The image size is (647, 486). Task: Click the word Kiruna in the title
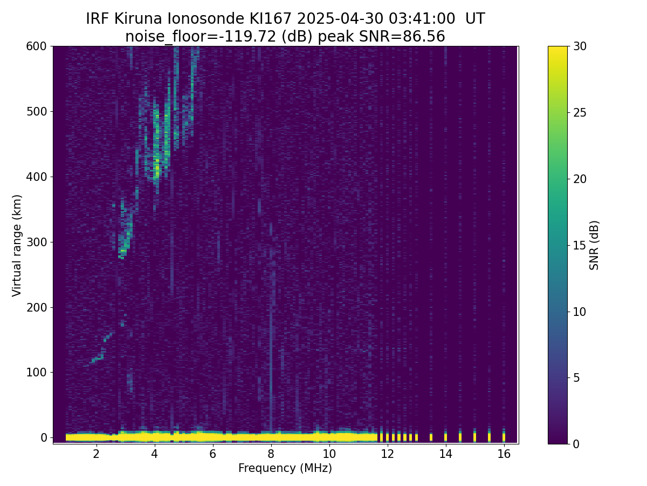(x=138, y=18)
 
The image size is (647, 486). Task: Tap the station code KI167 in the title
(x=270, y=18)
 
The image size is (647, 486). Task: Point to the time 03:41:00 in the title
(x=422, y=18)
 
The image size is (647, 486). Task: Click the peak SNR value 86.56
(x=424, y=37)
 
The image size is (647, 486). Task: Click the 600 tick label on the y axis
(x=37, y=46)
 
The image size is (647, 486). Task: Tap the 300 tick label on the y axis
(x=37, y=242)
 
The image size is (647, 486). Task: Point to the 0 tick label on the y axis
(x=44, y=437)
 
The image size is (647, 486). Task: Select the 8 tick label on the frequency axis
(x=271, y=454)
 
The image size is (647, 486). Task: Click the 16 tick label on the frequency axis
(x=504, y=454)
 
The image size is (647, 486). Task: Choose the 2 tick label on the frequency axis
(x=96, y=454)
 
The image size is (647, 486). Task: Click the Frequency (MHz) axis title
(x=285, y=468)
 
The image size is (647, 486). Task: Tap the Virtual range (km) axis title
(x=17, y=246)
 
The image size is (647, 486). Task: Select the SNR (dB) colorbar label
(x=594, y=245)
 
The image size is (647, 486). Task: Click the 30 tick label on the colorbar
(x=580, y=46)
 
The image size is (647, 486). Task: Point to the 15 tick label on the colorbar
(x=580, y=245)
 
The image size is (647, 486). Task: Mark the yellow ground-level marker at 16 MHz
(x=504, y=437)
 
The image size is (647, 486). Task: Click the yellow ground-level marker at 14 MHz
(x=446, y=437)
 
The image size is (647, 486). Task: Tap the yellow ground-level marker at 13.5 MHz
(x=431, y=437)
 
